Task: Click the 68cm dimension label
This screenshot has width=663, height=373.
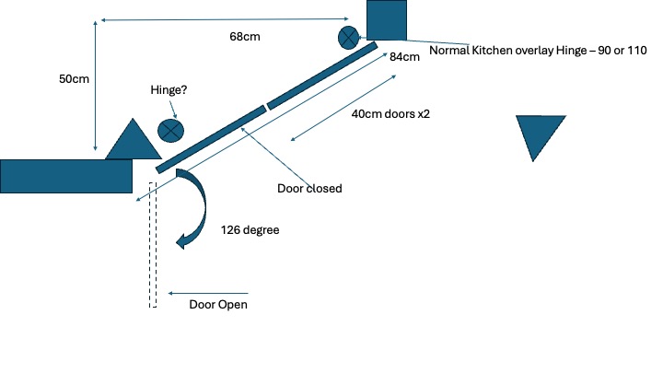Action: tap(243, 38)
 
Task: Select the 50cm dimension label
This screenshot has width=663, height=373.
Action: tap(73, 79)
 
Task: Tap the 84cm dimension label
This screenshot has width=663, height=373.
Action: tap(404, 57)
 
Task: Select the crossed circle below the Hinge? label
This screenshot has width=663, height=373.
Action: tap(169, 130)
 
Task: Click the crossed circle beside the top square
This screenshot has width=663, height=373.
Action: tap(349, 38)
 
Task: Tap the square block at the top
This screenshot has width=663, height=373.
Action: tap(387, 19)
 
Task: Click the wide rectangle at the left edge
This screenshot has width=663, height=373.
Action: tap(65, 176)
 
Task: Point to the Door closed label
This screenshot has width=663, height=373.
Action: tap(309, 189)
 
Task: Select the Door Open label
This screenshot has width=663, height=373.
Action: tap(218, 305)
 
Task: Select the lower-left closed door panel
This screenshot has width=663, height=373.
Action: tap(211, 139)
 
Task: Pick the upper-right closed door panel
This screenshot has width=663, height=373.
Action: tap(322, 75)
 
